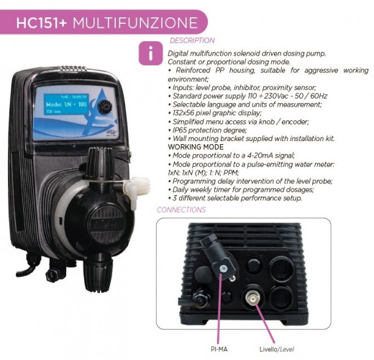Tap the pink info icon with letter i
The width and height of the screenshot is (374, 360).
point(150,53)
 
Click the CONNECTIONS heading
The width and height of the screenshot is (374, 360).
point(181,210)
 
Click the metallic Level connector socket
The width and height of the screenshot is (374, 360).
point(252,297)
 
